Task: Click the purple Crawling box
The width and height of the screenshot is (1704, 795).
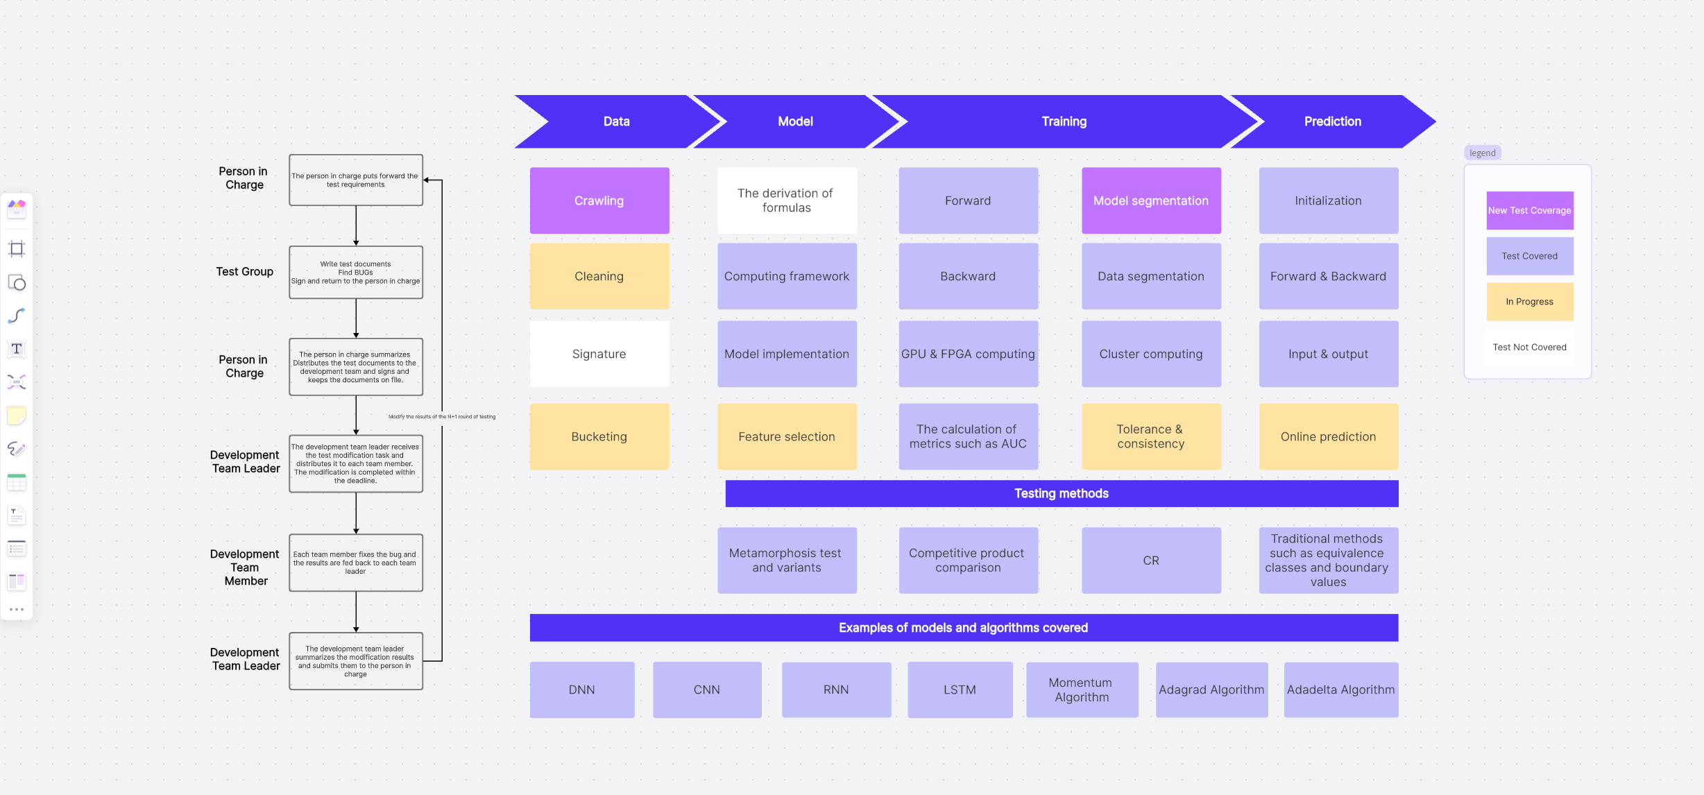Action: coord(599,200)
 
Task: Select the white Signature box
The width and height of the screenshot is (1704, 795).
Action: coord(599,354)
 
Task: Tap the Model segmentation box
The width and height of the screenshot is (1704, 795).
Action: coord(1151,200)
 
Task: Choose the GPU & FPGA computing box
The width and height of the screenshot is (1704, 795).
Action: coord(968,354)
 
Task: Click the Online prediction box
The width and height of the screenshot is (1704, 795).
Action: coord(1328,436)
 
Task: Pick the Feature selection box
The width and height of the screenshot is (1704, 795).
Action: coord(787,436)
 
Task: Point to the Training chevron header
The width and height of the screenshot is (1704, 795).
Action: coord(1064,121)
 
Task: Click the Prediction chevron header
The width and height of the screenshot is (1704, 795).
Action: coord(1332,121)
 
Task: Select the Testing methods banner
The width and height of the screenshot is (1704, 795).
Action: coord(1062,493)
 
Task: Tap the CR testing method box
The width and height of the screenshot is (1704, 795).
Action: coord(1151,560)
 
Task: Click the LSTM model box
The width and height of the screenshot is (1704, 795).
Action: coord(960,690)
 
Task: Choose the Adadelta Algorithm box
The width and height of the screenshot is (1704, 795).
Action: coord(1340,690)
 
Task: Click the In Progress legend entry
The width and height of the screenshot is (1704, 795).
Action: coord(1529,302)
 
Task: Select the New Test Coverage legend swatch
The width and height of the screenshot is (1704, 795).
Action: coord(1529,210)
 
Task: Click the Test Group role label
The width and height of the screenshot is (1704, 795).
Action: coord(244,271)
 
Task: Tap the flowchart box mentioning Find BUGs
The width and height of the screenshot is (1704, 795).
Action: coord(355,273)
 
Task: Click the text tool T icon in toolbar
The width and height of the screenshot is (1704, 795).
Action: coord(17,349)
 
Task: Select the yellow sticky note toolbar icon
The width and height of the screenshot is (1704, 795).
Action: coord(17,416)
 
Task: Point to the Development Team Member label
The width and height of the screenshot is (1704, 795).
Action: coord(245,567)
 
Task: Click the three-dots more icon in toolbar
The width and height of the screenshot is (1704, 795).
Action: coord(17,609)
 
